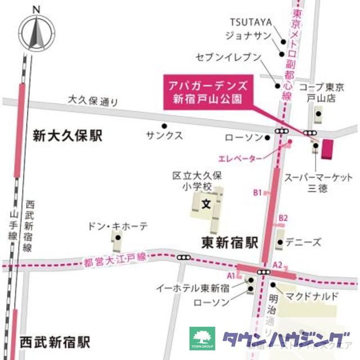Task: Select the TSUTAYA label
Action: [251, 22]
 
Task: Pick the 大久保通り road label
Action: [93, 101]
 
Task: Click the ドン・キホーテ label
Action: [118, 226]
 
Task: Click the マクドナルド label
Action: [311, 296]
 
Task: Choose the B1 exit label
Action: [257, 192]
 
